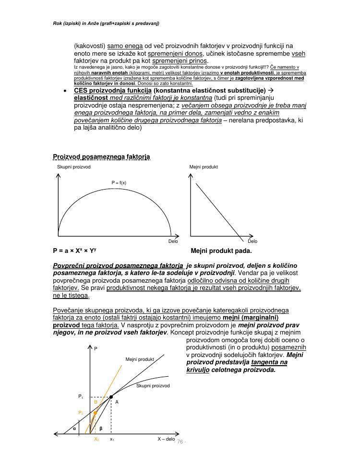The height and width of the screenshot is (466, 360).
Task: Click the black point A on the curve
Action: (x=111, y=396)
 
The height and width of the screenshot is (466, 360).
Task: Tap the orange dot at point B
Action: (x=96, y=412)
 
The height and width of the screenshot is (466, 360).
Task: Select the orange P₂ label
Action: (x=81, y=413)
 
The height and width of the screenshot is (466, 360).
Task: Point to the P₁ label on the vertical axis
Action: (x=81, y=396)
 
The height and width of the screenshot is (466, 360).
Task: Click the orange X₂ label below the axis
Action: (x=96, y=439)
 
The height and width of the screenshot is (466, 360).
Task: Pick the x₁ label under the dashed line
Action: (x=112, y=439)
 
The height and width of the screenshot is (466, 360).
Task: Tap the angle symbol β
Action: (x=101, y=429)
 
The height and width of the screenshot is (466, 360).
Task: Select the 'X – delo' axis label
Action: (x=166, y=439)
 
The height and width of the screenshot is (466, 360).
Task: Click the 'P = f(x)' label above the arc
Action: (x=119, y=183)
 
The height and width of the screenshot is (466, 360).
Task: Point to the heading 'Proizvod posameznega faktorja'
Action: (x=101, y=157)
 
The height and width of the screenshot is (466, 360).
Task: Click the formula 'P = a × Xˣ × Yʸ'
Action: (x=77, y=251)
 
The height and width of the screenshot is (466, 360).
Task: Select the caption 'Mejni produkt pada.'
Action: (x=221, y=251)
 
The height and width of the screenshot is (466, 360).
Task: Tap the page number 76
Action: (x=180, y=441)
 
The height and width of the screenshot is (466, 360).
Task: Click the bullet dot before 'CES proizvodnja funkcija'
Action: (x=65, y=91)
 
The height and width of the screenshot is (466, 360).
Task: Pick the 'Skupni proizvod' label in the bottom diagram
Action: (x=153, y=385)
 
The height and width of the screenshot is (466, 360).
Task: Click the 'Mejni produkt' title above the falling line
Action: (x=207, y=167)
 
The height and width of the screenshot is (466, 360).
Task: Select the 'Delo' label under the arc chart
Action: (x=173, y=241)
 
